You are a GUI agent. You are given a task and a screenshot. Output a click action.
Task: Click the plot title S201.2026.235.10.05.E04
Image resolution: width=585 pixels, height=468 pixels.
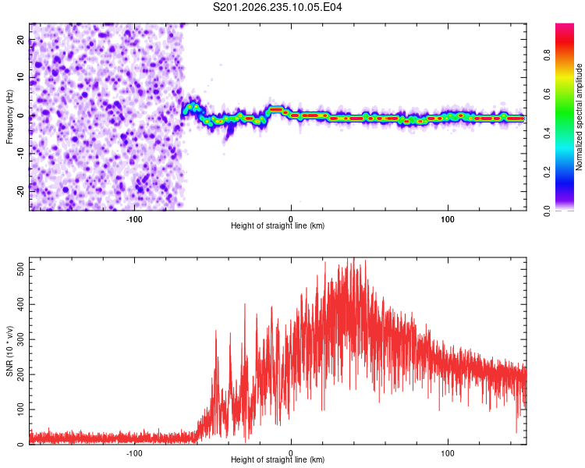[277, 7]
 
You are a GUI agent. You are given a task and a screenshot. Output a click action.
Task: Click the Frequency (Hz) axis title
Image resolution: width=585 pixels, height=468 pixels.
[9, 117]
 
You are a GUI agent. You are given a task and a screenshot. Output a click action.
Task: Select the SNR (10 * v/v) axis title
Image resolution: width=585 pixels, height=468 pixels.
[9, 351]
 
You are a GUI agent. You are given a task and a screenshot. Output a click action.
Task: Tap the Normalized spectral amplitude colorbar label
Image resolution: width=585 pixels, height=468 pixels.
[579, 117]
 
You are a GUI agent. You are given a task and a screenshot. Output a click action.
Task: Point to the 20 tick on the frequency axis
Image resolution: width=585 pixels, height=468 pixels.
[21, 40]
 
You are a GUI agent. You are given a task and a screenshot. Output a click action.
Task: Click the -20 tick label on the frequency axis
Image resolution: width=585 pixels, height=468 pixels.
[21, 191]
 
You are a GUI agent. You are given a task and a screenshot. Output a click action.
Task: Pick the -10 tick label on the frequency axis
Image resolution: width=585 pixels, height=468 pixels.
[21, 154]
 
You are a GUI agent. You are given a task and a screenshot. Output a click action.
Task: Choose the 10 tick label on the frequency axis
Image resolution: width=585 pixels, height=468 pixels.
[21, 77]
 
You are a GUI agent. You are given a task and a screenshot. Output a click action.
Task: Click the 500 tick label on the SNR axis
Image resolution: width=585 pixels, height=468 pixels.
[21, 269]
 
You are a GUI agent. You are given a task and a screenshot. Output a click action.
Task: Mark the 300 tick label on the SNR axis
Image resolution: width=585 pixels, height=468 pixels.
[21, 339]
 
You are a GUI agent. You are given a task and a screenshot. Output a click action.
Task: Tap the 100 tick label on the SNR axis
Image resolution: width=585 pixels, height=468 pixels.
[21, 409]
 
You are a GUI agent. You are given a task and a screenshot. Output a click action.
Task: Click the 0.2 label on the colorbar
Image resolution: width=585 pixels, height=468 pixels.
[547, 172]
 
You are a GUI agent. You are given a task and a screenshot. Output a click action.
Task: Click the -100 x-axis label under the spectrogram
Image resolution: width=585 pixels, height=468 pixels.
[134, 219]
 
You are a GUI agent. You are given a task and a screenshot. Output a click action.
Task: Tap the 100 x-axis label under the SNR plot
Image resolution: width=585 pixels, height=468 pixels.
[448, 453]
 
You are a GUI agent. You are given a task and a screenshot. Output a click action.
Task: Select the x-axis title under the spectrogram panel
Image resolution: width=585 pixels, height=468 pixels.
[278, 225]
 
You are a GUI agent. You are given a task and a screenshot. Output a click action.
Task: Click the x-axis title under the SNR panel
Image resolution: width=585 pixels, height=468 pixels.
[278, 459]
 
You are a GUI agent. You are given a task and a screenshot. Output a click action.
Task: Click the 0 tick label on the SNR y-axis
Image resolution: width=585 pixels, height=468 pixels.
[21, 445]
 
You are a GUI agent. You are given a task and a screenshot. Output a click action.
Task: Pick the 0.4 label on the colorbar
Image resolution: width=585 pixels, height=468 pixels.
[547, 133]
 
